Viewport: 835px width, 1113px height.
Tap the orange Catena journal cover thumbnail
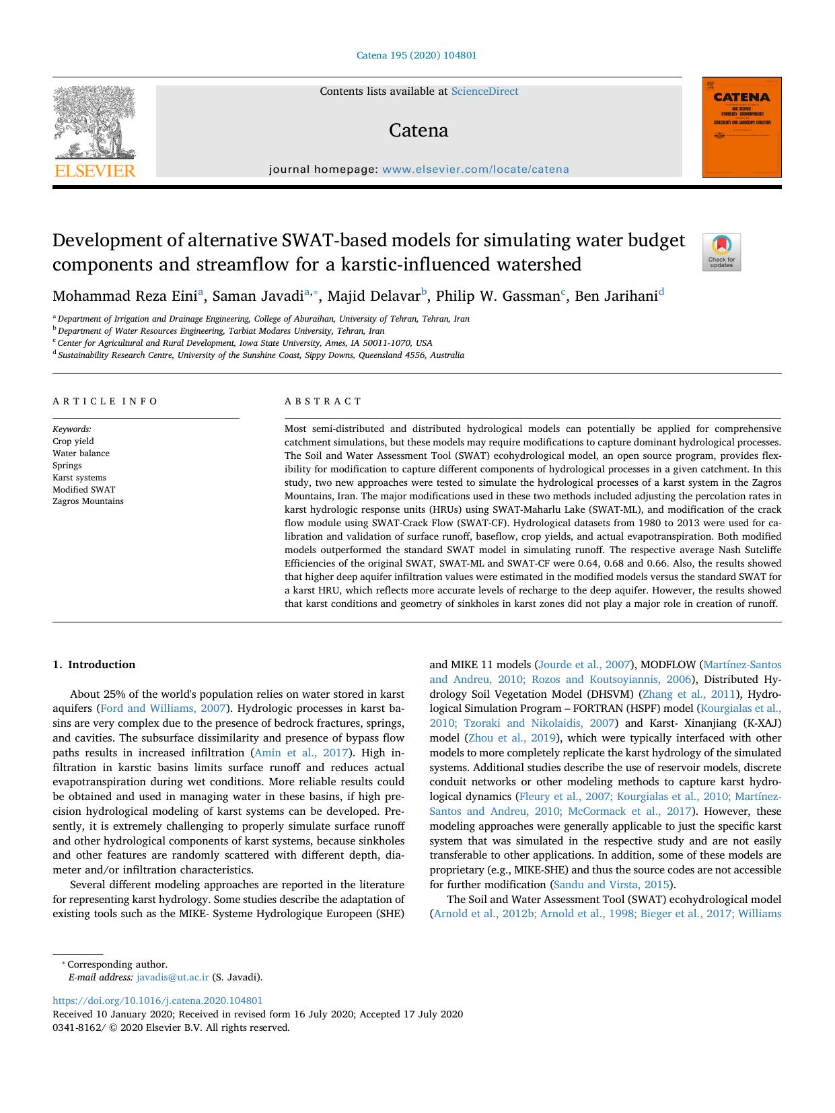[741, 127]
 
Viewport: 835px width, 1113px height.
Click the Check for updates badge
[721, 252]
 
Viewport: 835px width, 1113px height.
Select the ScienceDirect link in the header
[484, 92]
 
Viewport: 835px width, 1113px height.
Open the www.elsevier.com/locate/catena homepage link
[475, 170]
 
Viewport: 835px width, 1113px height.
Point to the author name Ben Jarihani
[616, 296]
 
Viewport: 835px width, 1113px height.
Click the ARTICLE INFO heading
[105, 401]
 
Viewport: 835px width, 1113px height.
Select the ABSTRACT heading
[323, 401]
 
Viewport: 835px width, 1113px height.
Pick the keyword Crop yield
[73, 441]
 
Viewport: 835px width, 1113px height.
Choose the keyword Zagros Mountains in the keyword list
[88, 501]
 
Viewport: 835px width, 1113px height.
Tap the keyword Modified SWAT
[84, 489]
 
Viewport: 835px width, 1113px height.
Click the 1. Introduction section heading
[94, 665]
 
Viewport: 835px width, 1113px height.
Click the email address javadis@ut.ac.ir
[172, 977]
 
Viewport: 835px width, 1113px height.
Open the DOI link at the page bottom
[157, 1001]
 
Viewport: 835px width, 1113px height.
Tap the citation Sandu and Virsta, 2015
[611, 885]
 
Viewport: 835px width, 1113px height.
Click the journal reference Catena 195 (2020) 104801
[416, 56]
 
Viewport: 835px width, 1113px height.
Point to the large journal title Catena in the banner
[419, 131]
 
